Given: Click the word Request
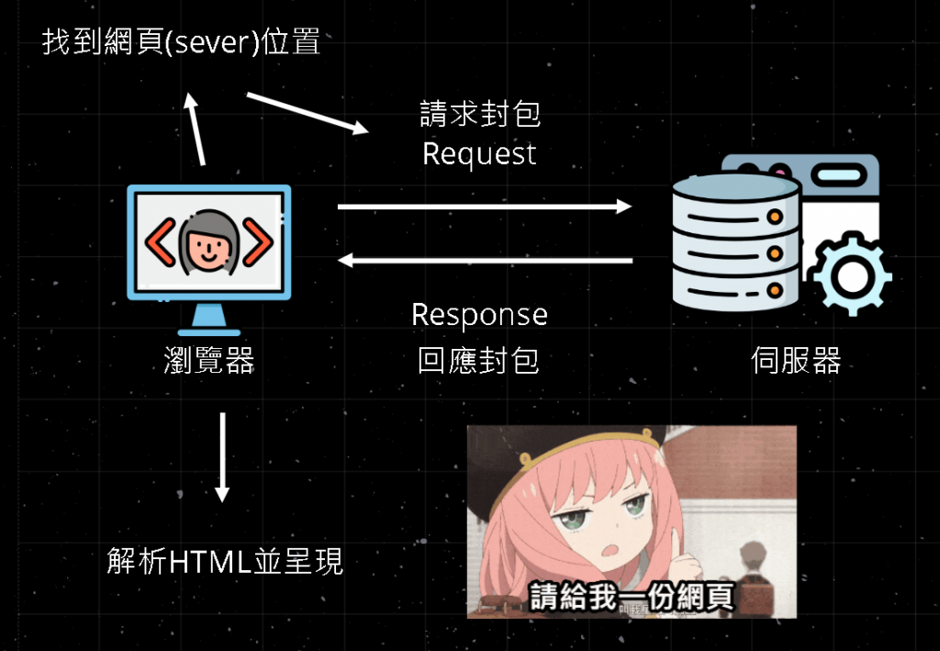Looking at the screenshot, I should (x=479, y=153).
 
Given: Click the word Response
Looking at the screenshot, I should (x=479, y=315).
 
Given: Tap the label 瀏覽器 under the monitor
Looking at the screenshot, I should (x=208, y=361).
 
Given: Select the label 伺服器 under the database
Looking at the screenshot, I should (x=796, y=361).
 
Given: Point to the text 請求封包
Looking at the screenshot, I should (x=479, y=114).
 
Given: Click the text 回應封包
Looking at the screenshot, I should (x=479, y=361).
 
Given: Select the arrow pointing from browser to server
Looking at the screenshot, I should (x=485, y=207).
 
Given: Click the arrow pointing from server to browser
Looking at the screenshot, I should (x=485, y=262).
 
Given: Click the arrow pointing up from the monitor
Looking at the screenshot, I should (x=196, y=129).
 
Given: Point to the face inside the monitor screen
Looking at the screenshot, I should (x=208, y=245).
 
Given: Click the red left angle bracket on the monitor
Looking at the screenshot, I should (x=161, y=243).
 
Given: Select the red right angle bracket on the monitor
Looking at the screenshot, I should (x=257, y=243).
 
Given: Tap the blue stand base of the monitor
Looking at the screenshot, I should (x=208, y=331).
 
